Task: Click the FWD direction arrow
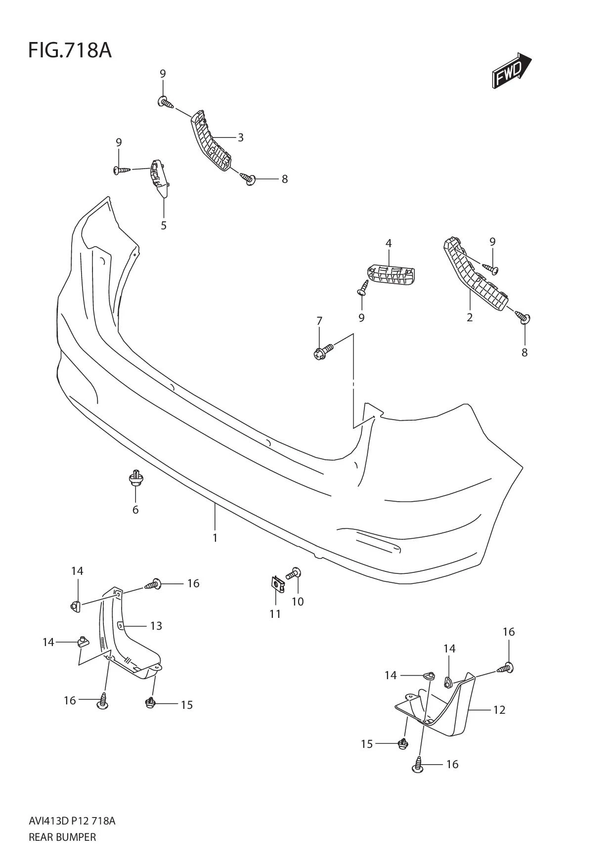pyautogui.click(x=511, y=71)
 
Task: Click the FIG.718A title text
pyautogui.click(x=70, y=50)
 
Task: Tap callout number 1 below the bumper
pyautogui.click(x=215, y=538)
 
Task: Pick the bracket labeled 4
pyautogui.click(x=391, y=275)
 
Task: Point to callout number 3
pyautogui.click(x=241, y=137)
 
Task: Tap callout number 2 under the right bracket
pyautogui.click(x=470, y=318)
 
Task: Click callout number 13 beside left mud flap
pyautogui.click(x=156, y=626)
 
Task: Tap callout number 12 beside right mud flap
pyautogui.click(x=499, y=710)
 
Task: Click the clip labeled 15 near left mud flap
pyautogui.click(x=150, y=702)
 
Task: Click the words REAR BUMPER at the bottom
pyautogui.click(x=62, y=837)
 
